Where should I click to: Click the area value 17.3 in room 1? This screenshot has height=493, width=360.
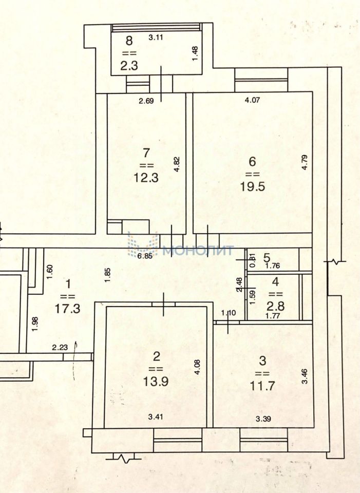point(67,308)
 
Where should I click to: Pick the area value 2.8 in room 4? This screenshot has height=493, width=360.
point(276,307)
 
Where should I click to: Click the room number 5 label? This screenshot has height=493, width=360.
point(267,257)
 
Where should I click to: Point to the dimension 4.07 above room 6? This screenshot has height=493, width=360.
point(252,101)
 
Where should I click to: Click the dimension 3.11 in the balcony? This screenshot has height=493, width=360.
point(156,37)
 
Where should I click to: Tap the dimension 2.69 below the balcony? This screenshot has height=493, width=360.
point(146,101)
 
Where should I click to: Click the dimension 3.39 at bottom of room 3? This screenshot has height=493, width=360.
point(263,419)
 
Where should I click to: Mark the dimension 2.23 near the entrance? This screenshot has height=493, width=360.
point(60,348)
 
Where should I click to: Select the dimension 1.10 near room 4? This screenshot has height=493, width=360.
point(228,312)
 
